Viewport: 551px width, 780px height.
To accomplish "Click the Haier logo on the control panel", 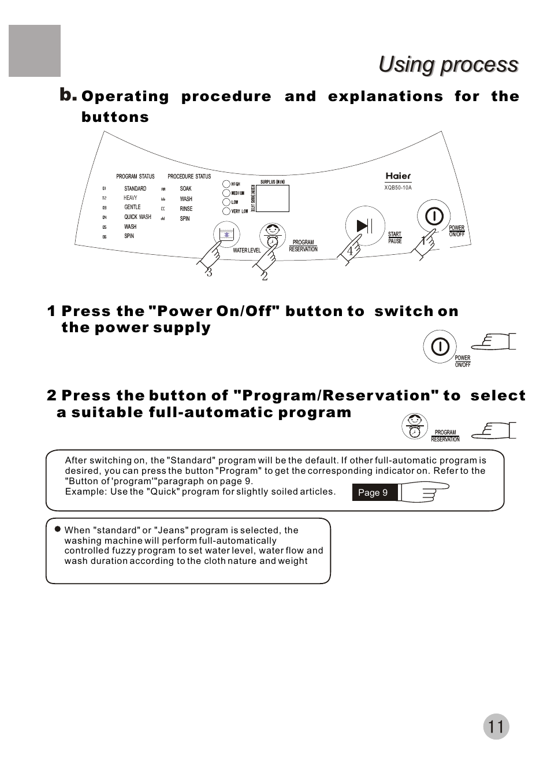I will (398, 176).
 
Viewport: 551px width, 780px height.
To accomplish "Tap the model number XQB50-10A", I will (398, 188).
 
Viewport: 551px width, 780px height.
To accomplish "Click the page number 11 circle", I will (496, 726).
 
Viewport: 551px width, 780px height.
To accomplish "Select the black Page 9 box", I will (373, 492).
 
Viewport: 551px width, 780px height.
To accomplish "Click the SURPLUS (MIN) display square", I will (273, 199).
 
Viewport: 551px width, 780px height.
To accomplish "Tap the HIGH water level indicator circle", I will (226, 184).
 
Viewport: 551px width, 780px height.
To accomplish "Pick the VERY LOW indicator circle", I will (226, 211).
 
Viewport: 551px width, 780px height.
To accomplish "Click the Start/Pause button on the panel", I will (364, 226).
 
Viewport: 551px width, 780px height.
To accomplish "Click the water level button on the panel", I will (226, 234).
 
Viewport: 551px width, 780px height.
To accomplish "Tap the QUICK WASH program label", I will (137, 217).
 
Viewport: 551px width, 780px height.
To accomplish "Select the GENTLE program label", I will (132, 207).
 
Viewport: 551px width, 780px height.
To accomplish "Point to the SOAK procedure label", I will (185, 189).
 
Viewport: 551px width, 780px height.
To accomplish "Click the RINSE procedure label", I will (186, 209).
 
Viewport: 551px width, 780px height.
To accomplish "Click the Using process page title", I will (448, 65).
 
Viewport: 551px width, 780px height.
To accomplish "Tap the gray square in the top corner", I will (35, 51).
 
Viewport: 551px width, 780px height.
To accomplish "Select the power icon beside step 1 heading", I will (440, 347).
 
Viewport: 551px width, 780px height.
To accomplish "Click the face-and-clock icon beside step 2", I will (414, 427).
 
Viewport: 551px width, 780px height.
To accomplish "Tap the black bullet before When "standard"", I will (58, 529).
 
